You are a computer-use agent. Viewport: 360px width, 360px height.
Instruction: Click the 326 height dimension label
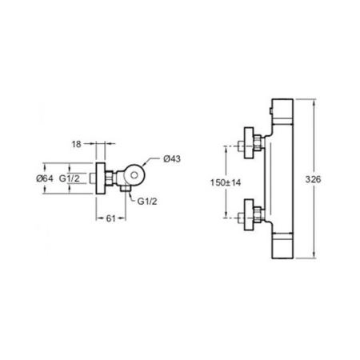tap(313, 179)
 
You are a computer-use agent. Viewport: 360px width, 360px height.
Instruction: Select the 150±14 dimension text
tap(226, 182)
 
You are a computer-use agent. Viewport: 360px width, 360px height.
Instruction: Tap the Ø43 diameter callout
tap(172, 158)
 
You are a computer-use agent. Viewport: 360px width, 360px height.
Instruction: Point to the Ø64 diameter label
tap(45, 178)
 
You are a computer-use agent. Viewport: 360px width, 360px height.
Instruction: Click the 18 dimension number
tap(76, 144)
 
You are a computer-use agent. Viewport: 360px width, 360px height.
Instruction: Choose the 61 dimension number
tap(110, 218)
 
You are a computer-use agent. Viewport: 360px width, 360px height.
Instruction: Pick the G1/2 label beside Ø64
tap(70, 178)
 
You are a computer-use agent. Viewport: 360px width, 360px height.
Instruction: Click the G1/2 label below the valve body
tap(147, 202)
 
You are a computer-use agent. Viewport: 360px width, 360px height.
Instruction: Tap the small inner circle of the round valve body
tap(134, 175)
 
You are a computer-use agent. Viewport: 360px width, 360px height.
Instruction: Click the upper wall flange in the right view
tap(249, 143)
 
